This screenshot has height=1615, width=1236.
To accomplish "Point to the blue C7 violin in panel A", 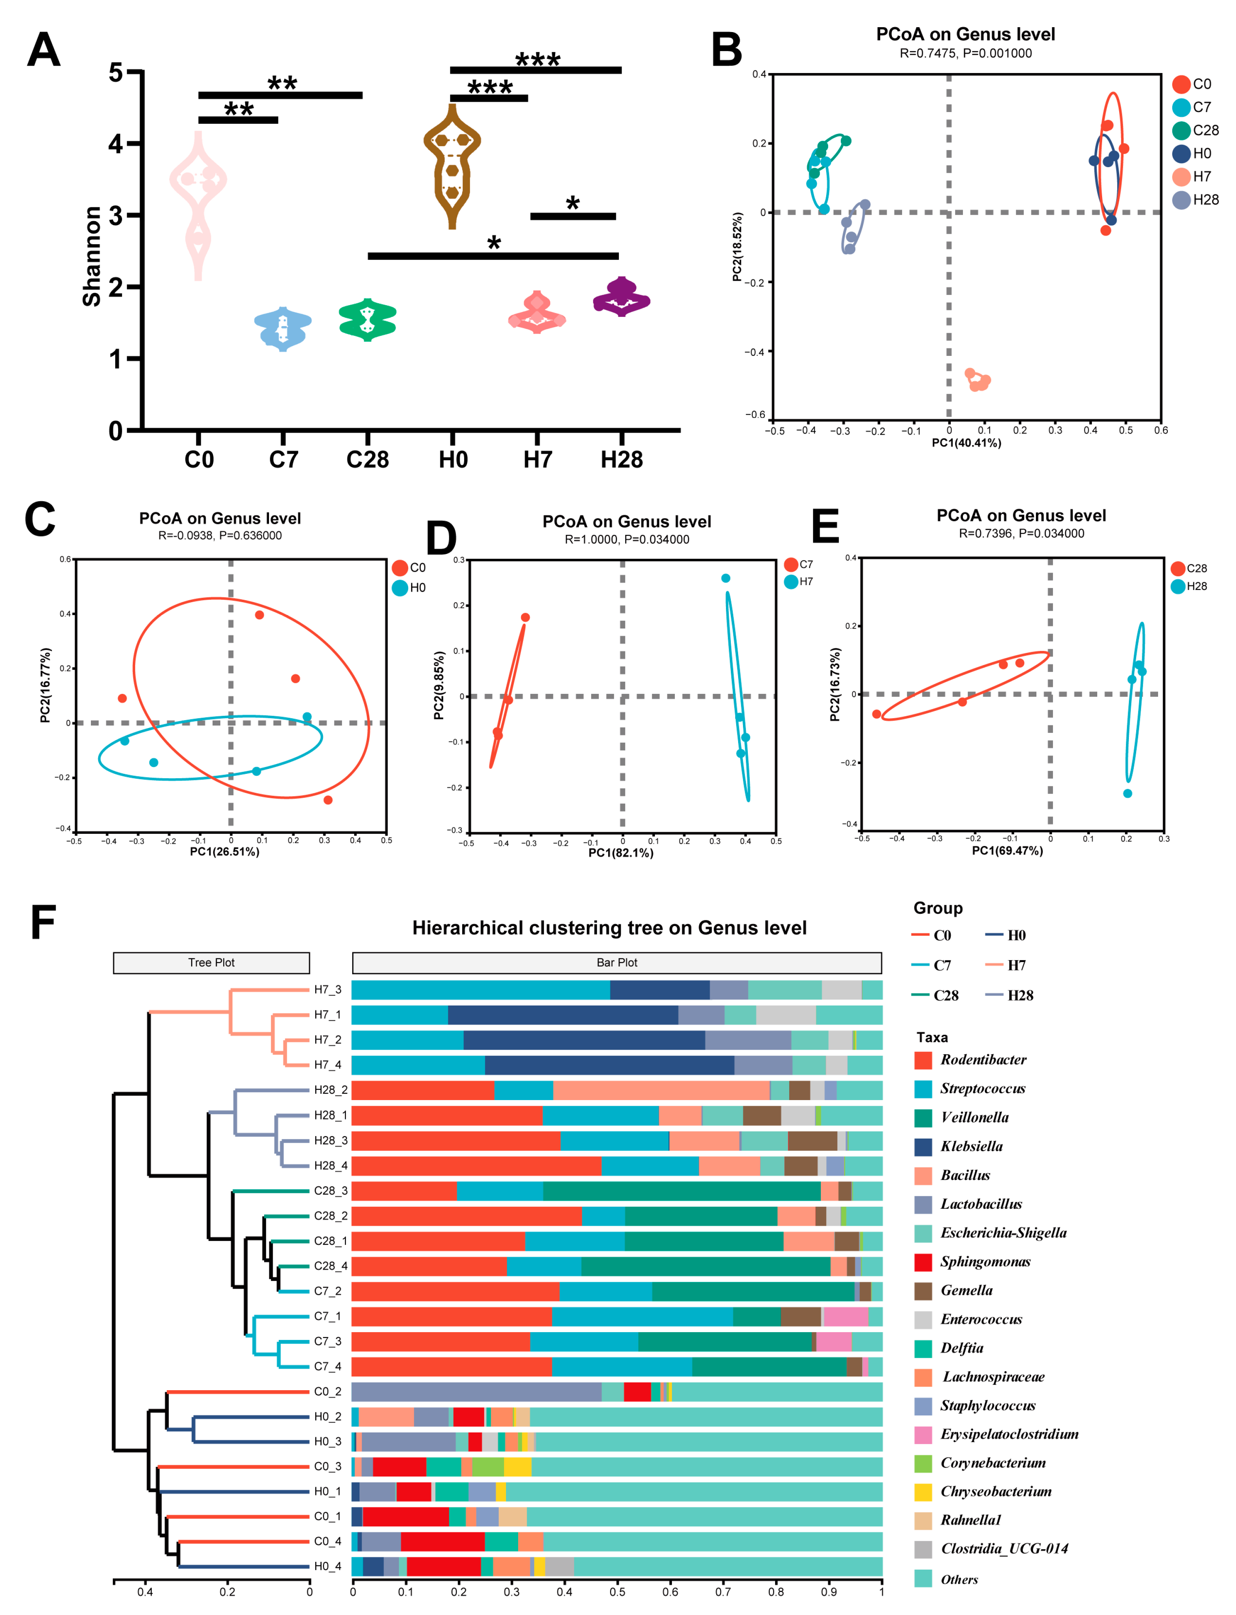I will point(282,328).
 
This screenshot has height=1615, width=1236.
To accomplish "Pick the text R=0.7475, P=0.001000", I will point(965,53).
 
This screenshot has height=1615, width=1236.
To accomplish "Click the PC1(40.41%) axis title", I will point(966,443).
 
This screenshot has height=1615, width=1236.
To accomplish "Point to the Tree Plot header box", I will point(211,963).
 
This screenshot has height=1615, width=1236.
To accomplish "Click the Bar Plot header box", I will point(616,963).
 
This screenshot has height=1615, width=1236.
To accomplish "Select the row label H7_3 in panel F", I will point(327,990).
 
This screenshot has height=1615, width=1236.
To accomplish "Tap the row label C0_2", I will point(327,1391).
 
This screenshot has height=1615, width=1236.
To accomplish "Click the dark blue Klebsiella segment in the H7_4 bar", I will point(609,1065).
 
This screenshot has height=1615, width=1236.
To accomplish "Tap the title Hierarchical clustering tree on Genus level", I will point(609,928).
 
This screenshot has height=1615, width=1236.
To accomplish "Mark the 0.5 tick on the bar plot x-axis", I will point(617,1591).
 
